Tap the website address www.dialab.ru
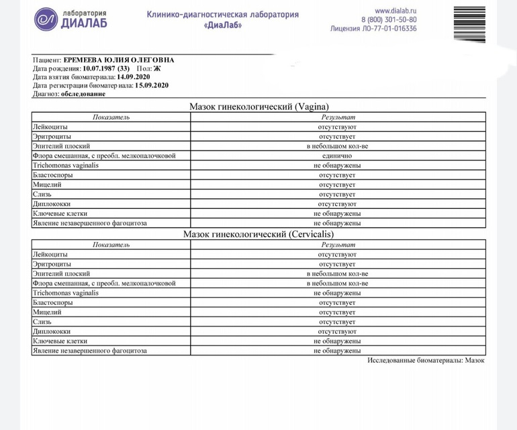395,11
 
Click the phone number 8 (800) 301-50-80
389,20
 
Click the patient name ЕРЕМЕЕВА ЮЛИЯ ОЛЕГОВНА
118,60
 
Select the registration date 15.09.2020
151,85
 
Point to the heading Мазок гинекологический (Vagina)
258,107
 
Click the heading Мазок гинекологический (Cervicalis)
258,234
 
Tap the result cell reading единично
337,156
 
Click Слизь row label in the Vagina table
42,194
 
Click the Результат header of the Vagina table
337,117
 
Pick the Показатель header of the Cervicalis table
111,245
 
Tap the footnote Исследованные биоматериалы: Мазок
426,361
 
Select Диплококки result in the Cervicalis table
337,332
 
